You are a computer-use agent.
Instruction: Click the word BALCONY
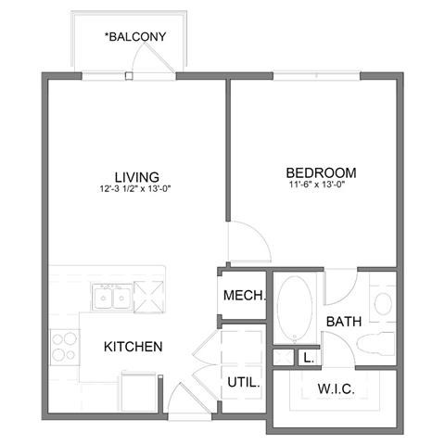click(x=136, y=38)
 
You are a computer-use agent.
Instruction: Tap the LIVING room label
click(x=136, y=176)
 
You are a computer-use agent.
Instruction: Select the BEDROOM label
click(x=321, y=172)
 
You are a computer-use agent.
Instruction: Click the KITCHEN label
click(x=133, y=347)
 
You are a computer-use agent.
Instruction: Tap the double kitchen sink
click(x=111, y=298)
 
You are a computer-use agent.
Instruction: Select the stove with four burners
click(x=63, y=347)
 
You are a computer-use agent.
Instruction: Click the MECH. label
click(x=245, y=297)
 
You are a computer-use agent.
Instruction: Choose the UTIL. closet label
click(x=243, y=381)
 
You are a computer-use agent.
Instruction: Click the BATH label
click(x=343, y=322)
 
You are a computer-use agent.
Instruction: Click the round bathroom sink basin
click(x=382, y=301)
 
